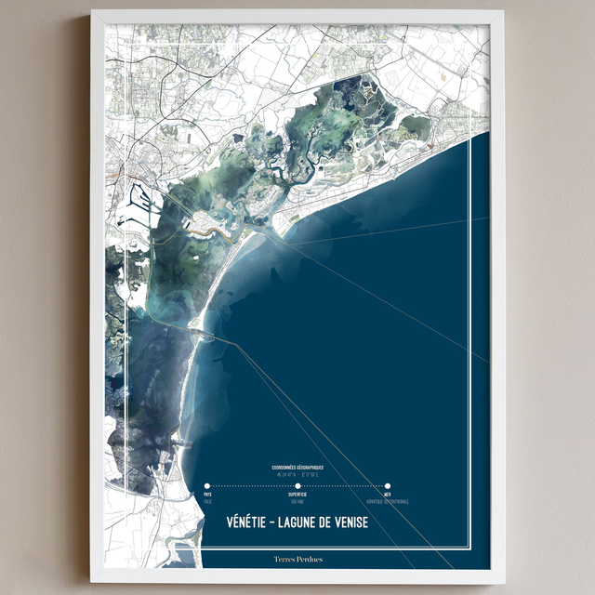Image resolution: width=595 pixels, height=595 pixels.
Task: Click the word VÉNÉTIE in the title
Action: coord(252,522)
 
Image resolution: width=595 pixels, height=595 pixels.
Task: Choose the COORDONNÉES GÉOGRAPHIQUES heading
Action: coord(297,468)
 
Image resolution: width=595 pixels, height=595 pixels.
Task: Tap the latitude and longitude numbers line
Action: coord(297,474)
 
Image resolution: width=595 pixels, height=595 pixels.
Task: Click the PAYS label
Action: coord(208,495)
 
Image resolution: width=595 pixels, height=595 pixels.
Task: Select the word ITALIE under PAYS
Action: coord(208,502)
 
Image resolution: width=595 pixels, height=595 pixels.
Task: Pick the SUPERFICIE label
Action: coord(297,495)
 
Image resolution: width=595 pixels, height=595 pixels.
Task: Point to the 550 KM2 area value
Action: coord(297,502)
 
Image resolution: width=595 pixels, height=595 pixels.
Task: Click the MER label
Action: coord(388,495)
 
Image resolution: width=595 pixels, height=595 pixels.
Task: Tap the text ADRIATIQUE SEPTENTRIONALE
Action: coord(388,502)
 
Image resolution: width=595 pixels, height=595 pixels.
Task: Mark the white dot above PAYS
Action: coord(207,485)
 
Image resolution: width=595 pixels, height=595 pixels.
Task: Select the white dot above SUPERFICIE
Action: coord(297,485)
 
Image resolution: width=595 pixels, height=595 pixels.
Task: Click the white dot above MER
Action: coord(388,485)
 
